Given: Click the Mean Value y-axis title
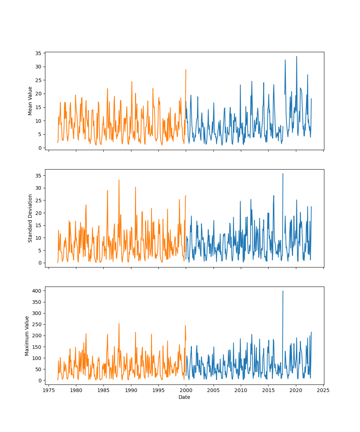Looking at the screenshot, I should point(30,101).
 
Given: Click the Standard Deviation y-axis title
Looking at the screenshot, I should point(30,218).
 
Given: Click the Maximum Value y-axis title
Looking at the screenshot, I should point(27,336).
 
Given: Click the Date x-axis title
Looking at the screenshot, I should point(184,397).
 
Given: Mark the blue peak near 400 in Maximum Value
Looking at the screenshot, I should point(283,291).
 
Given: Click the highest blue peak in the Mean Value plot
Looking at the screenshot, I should point(297,56).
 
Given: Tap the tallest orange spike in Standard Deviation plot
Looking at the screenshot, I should point(119,180).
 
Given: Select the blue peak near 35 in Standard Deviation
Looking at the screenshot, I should point(283,174).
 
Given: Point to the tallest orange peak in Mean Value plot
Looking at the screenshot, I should point(186,69).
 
